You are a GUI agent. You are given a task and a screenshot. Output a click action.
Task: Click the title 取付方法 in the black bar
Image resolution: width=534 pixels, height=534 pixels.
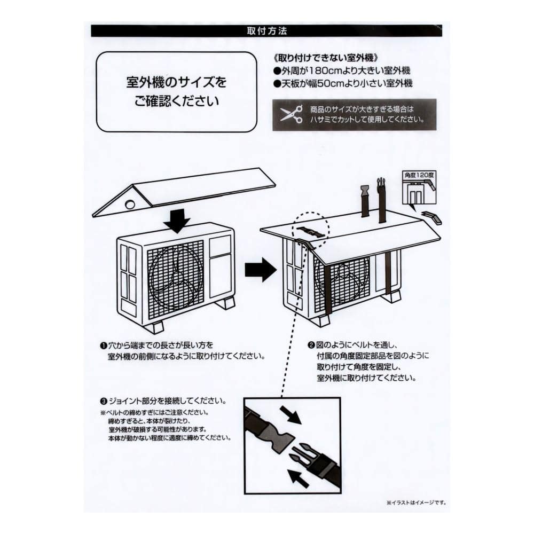coord(267,31)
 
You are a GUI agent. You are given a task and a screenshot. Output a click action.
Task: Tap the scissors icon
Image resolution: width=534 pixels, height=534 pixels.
coord(290,114)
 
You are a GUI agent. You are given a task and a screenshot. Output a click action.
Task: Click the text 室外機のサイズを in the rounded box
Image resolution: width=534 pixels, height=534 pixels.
coord(176,83)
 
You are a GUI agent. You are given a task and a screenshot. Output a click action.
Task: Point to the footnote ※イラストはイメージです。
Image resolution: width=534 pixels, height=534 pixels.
coord(416,502)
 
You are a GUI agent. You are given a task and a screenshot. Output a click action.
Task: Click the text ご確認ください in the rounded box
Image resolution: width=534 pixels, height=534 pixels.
coord(176,101)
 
